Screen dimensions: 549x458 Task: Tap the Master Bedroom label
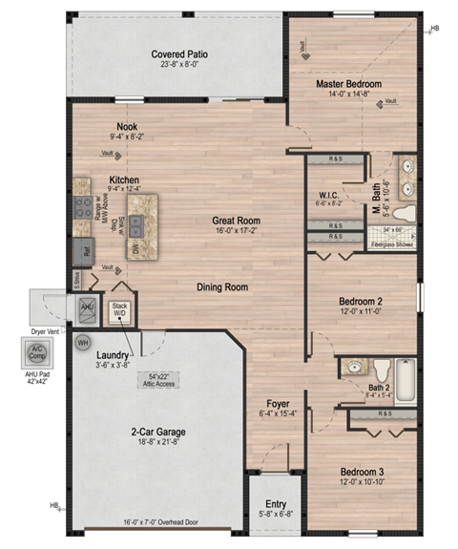[349, 84]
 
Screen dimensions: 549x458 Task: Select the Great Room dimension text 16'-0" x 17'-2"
[236, 232]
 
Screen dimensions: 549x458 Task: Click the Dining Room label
[223, 286]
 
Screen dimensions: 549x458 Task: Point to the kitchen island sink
[137, 225]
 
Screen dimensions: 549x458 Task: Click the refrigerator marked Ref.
[85, 253]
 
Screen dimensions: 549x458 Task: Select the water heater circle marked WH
[83, 342]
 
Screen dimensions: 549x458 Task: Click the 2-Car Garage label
[157, 432]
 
